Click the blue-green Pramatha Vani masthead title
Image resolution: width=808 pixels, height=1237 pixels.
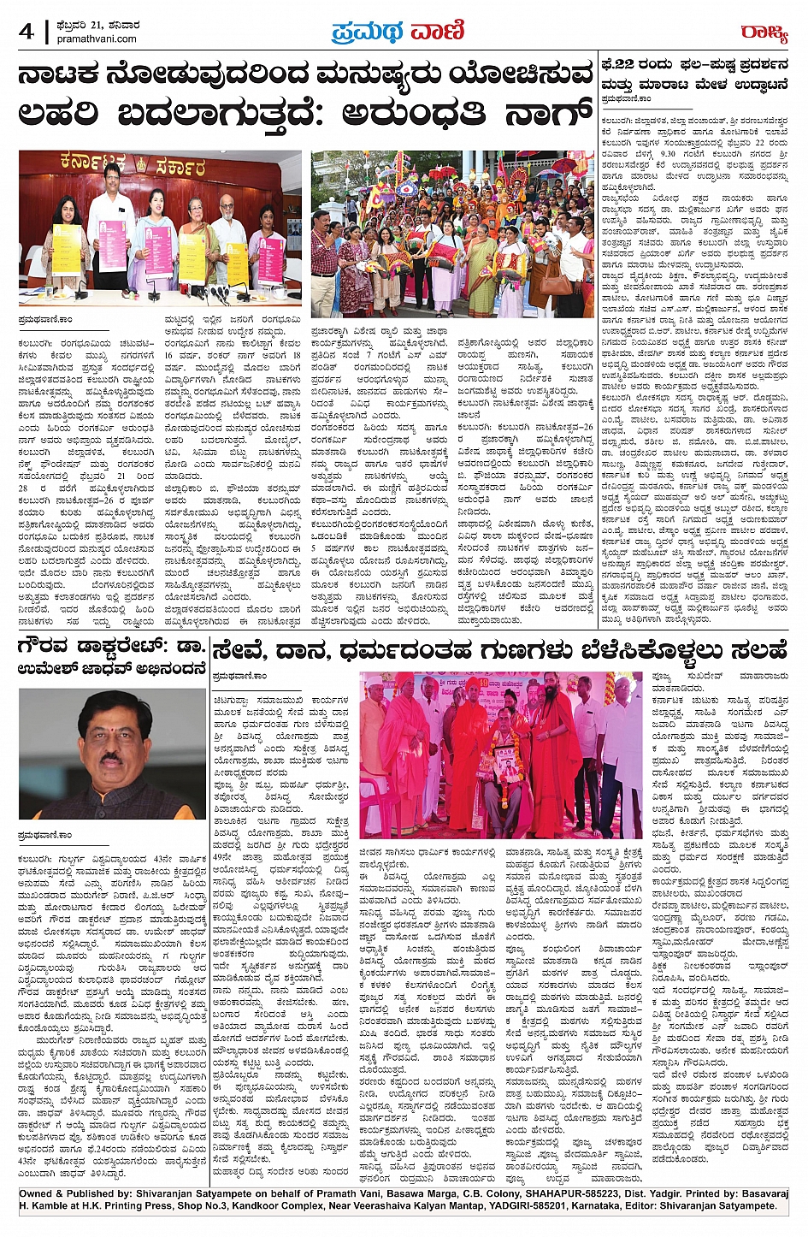click(398, 32)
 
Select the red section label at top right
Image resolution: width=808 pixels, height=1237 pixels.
click(764, 33)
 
